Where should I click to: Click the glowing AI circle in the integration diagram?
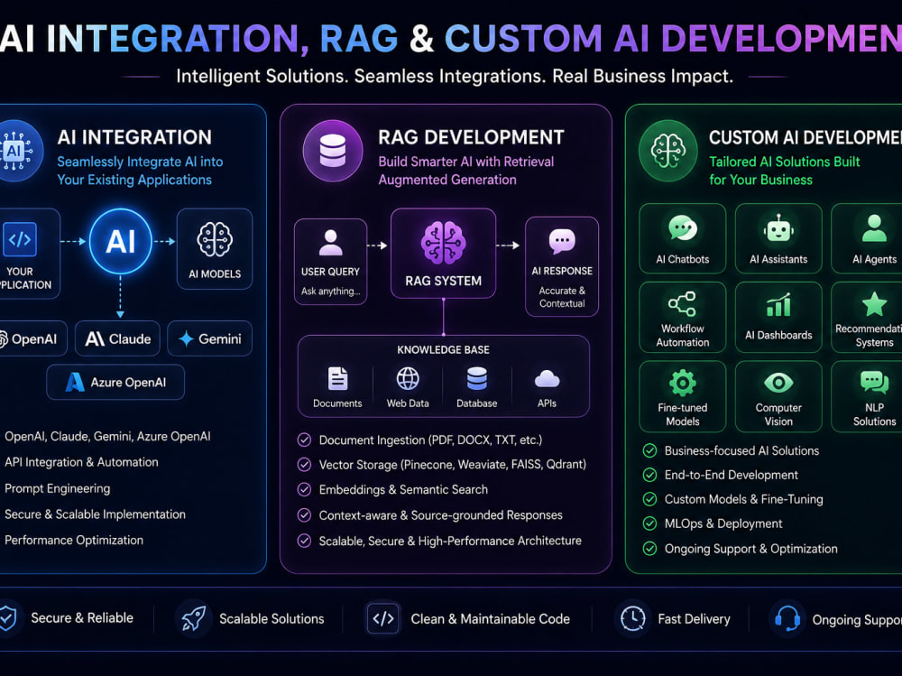click(120, 241)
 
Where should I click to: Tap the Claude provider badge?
click(118, 338)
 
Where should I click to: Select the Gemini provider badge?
click(210, 338)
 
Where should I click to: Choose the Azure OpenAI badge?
click(115, 382)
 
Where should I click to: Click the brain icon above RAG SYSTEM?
click(443, 243)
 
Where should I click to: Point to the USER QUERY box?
click(330, 262)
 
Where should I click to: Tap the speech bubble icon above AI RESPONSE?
click(562, 241)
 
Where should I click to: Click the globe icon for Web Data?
click(408, 379)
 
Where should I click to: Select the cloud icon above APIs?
click(547, 379)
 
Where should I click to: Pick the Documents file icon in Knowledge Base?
click(337, 379)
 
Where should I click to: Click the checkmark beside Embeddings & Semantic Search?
click(304, 489)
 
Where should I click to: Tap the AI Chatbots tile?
click(682, 237)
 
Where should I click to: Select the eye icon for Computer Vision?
click(778, 383)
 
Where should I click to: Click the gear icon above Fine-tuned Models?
click(682, 383)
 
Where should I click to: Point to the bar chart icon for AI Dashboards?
click(778, 305)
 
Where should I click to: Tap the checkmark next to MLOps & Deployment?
click(649, 523)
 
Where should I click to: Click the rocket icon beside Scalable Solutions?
click(194, 618)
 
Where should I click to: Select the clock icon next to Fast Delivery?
click(633, 618)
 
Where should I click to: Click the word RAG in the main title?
click(358, 39)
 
